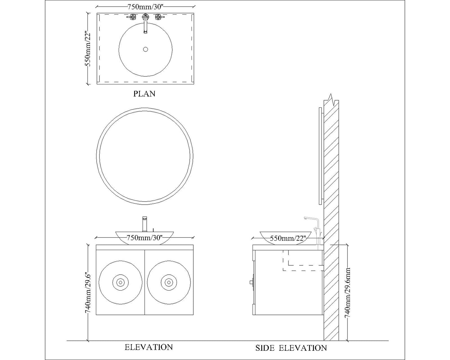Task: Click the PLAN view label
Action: [144, 94]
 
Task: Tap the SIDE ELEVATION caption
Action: [291, 348]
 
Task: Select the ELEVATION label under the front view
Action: [149, 347]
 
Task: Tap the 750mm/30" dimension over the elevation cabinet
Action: [145, 238]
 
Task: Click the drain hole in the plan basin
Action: [145, 49]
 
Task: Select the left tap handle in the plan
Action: [133, 17]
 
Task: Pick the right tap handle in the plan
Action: [158, 17]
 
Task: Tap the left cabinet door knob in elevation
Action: [120, 282]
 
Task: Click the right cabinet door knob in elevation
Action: [169, 282]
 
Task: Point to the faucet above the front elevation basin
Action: [144, 224]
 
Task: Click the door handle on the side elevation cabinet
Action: [252, 282]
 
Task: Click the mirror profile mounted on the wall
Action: [320, 156]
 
